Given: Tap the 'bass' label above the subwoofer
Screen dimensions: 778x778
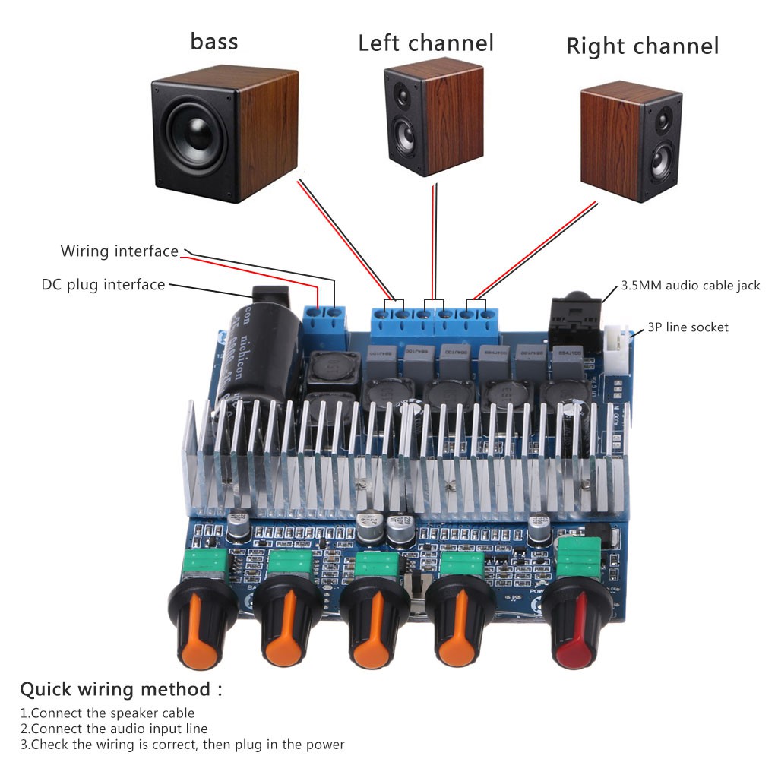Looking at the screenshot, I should click(214, 40).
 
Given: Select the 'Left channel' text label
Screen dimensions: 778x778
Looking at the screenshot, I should click(425, 43).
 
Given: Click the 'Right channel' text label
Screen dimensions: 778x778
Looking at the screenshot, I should click(642, 46).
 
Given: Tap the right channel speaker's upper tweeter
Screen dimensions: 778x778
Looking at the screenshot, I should click(663, 119).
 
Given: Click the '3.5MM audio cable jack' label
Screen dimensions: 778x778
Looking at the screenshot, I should click(690, 286).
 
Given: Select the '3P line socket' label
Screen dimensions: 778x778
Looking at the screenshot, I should click(687, 327).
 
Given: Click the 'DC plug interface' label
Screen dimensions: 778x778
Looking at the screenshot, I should click(103, 285).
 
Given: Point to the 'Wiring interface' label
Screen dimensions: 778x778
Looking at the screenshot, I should click(119, 251).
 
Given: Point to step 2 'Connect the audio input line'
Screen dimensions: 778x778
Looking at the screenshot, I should click(114, 729).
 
